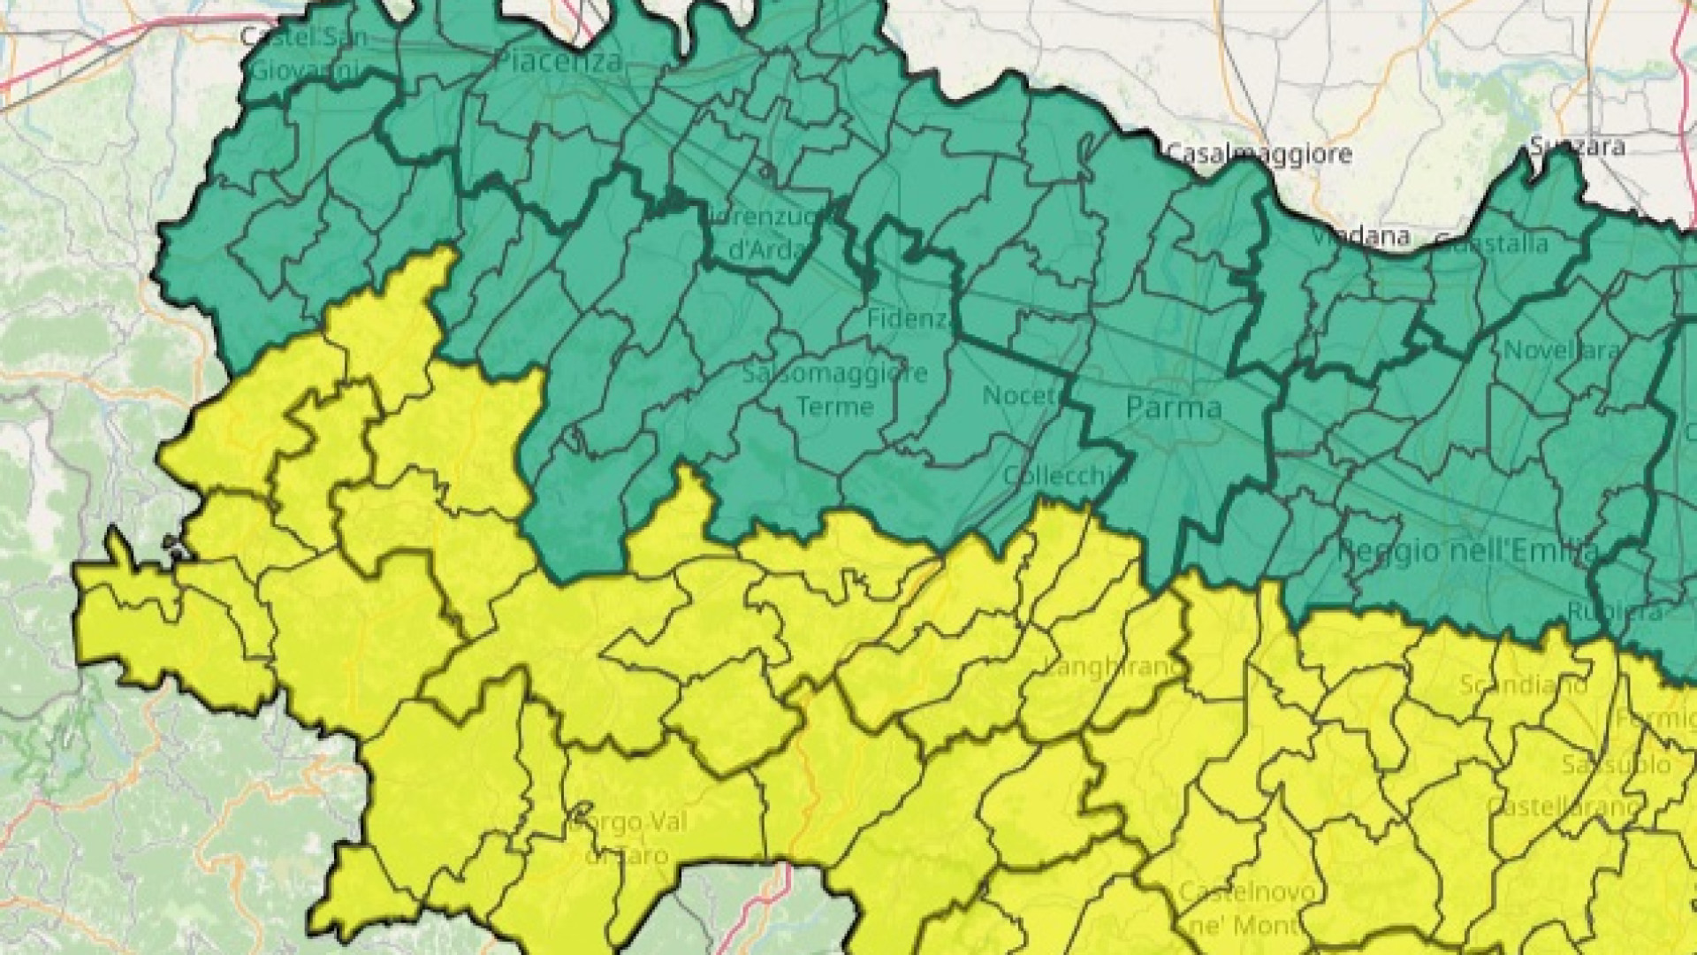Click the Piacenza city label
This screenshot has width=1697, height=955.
pos(559,62)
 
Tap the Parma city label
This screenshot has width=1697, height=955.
pos(1174,408)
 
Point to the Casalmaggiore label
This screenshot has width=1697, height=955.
pos(1259,154)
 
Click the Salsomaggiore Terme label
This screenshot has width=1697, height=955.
pos(835,389)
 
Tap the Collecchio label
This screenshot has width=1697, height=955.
pos(1057,476)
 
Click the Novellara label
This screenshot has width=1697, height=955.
pos(1562,350)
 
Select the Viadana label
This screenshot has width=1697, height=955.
pos(1360,236)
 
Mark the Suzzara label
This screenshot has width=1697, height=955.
pos(1577,145)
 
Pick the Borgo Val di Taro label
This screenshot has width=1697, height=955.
pos(628,838)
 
